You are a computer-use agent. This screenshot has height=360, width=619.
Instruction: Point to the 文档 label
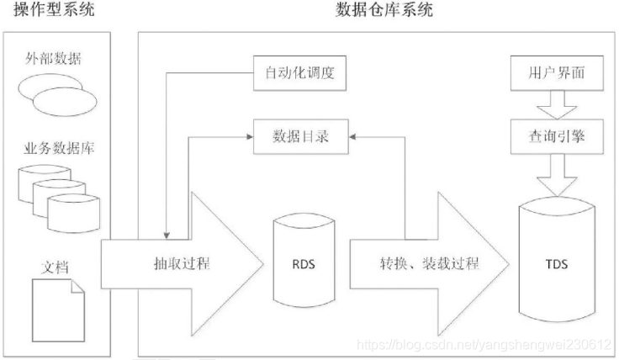click(x=55, y=268)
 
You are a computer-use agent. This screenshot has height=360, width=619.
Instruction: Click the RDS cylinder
click(x=304, y=263)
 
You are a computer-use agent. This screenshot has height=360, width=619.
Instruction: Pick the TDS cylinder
click(x=556, y=262)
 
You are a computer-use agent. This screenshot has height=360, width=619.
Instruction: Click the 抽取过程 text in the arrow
click(x=183, y=263)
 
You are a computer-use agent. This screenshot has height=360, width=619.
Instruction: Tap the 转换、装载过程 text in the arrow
click(x=429, y=263)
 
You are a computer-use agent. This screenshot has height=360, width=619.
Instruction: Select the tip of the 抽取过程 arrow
click(x=257, y=263)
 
